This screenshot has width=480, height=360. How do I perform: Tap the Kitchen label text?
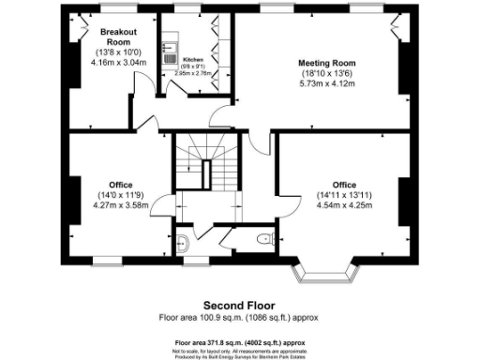pyautogui.click(x=192, y=58)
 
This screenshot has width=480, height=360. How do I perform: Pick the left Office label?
pyautogui.click(x=120, y=184)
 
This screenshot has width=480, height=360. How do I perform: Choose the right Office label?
pyautogui.click(x=344, y=184)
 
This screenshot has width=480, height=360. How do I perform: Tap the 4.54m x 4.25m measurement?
pyautogui.click(x=344, y=203)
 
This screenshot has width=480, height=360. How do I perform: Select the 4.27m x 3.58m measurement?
pyautogui.click(x=120, y=203)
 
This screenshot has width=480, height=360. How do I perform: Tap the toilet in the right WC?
pyautogui.click(x=265, y=238)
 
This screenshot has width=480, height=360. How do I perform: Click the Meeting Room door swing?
pyautogui.click(x=223, y=120)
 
